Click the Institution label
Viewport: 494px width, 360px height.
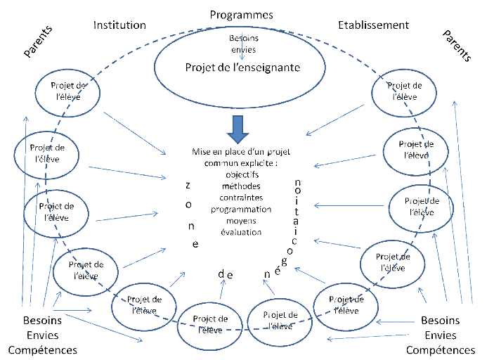point(119,25)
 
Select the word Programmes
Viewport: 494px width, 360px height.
point(241,14)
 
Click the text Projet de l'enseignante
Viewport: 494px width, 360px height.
point(242,68)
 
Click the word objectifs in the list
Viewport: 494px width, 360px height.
point(242,174)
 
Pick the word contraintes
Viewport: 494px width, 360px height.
point(242,198)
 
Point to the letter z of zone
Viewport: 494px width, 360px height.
point(188,185)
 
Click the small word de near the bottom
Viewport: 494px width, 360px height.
point(226,274)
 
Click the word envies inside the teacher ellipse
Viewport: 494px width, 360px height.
point(242,51)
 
